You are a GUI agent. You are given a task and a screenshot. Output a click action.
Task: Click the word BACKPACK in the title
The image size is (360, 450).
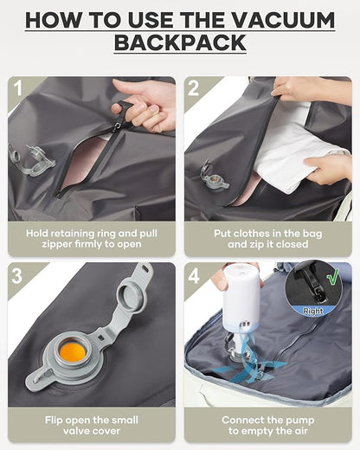click(179, 42)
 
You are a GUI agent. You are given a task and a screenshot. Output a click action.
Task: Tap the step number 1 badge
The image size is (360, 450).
click(18, 87)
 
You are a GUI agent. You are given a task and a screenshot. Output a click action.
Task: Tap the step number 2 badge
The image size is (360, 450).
click(195, 87)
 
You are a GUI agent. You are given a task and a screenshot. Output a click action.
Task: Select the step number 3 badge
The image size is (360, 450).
click(18, 275)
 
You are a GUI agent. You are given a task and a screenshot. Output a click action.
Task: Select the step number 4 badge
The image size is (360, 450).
click(195, 275)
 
